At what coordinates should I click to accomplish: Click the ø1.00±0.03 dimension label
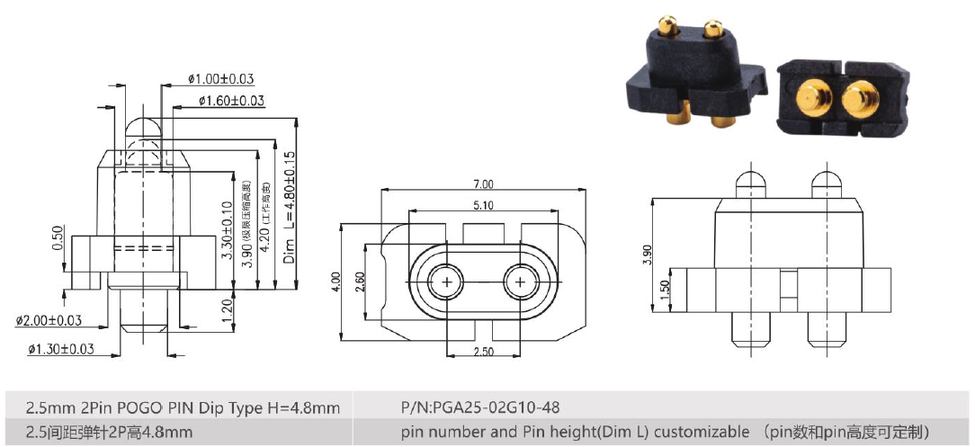point(220,79)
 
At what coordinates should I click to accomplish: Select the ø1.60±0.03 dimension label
point(231,100)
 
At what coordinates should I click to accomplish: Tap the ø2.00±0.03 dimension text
point(49,320)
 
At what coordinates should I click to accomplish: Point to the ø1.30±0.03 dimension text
point(60,349)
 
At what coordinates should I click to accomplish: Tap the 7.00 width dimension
point(482,183)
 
